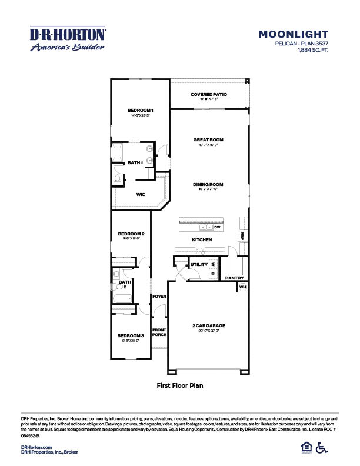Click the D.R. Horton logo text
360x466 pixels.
68,34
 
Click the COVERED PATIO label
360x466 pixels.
209,94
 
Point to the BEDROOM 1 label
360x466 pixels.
141,111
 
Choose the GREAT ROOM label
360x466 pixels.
209,139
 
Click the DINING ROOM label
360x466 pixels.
209,184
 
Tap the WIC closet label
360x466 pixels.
141,195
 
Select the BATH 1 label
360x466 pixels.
135,162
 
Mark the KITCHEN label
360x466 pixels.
202,239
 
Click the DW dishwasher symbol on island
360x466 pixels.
217,227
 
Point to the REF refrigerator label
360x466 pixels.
242,236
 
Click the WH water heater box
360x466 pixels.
242,287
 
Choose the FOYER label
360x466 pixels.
159,297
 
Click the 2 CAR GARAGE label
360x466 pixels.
209,325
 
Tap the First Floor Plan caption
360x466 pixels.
180,386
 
